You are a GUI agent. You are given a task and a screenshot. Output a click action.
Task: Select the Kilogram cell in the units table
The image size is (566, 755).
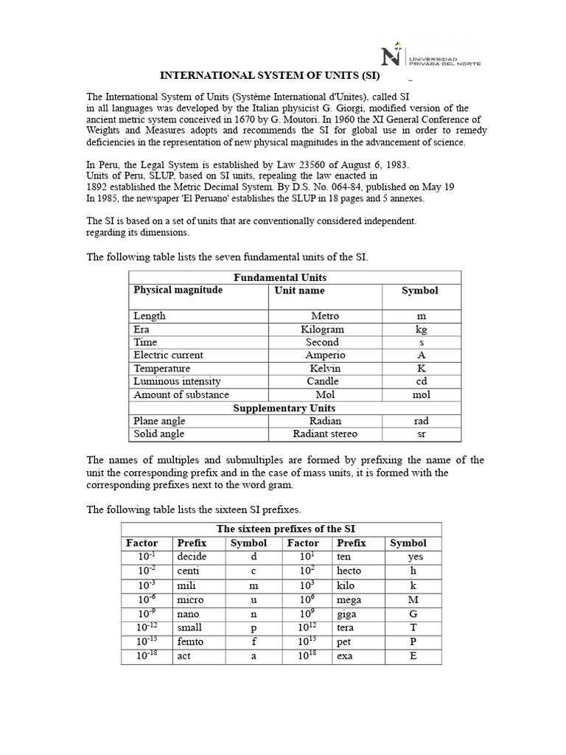322,329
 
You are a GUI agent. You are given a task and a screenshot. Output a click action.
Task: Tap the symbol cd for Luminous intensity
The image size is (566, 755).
422,381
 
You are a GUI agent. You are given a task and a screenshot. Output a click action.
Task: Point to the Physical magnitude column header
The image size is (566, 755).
178,290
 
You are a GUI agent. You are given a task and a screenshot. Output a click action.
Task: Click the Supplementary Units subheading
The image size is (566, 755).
284,408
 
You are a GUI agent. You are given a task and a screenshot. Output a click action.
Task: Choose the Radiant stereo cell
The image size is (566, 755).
324,434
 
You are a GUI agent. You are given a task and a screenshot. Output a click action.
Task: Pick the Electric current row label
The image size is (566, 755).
168,355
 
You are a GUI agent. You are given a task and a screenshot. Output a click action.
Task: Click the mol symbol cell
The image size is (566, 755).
422,394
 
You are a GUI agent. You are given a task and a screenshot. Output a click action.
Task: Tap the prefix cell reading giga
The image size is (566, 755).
347,613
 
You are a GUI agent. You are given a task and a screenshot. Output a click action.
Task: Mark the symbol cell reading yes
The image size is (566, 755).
415,557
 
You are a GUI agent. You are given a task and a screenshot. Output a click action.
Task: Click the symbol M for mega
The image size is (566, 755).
413,599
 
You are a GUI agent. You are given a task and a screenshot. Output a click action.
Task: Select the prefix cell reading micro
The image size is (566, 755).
191,599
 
